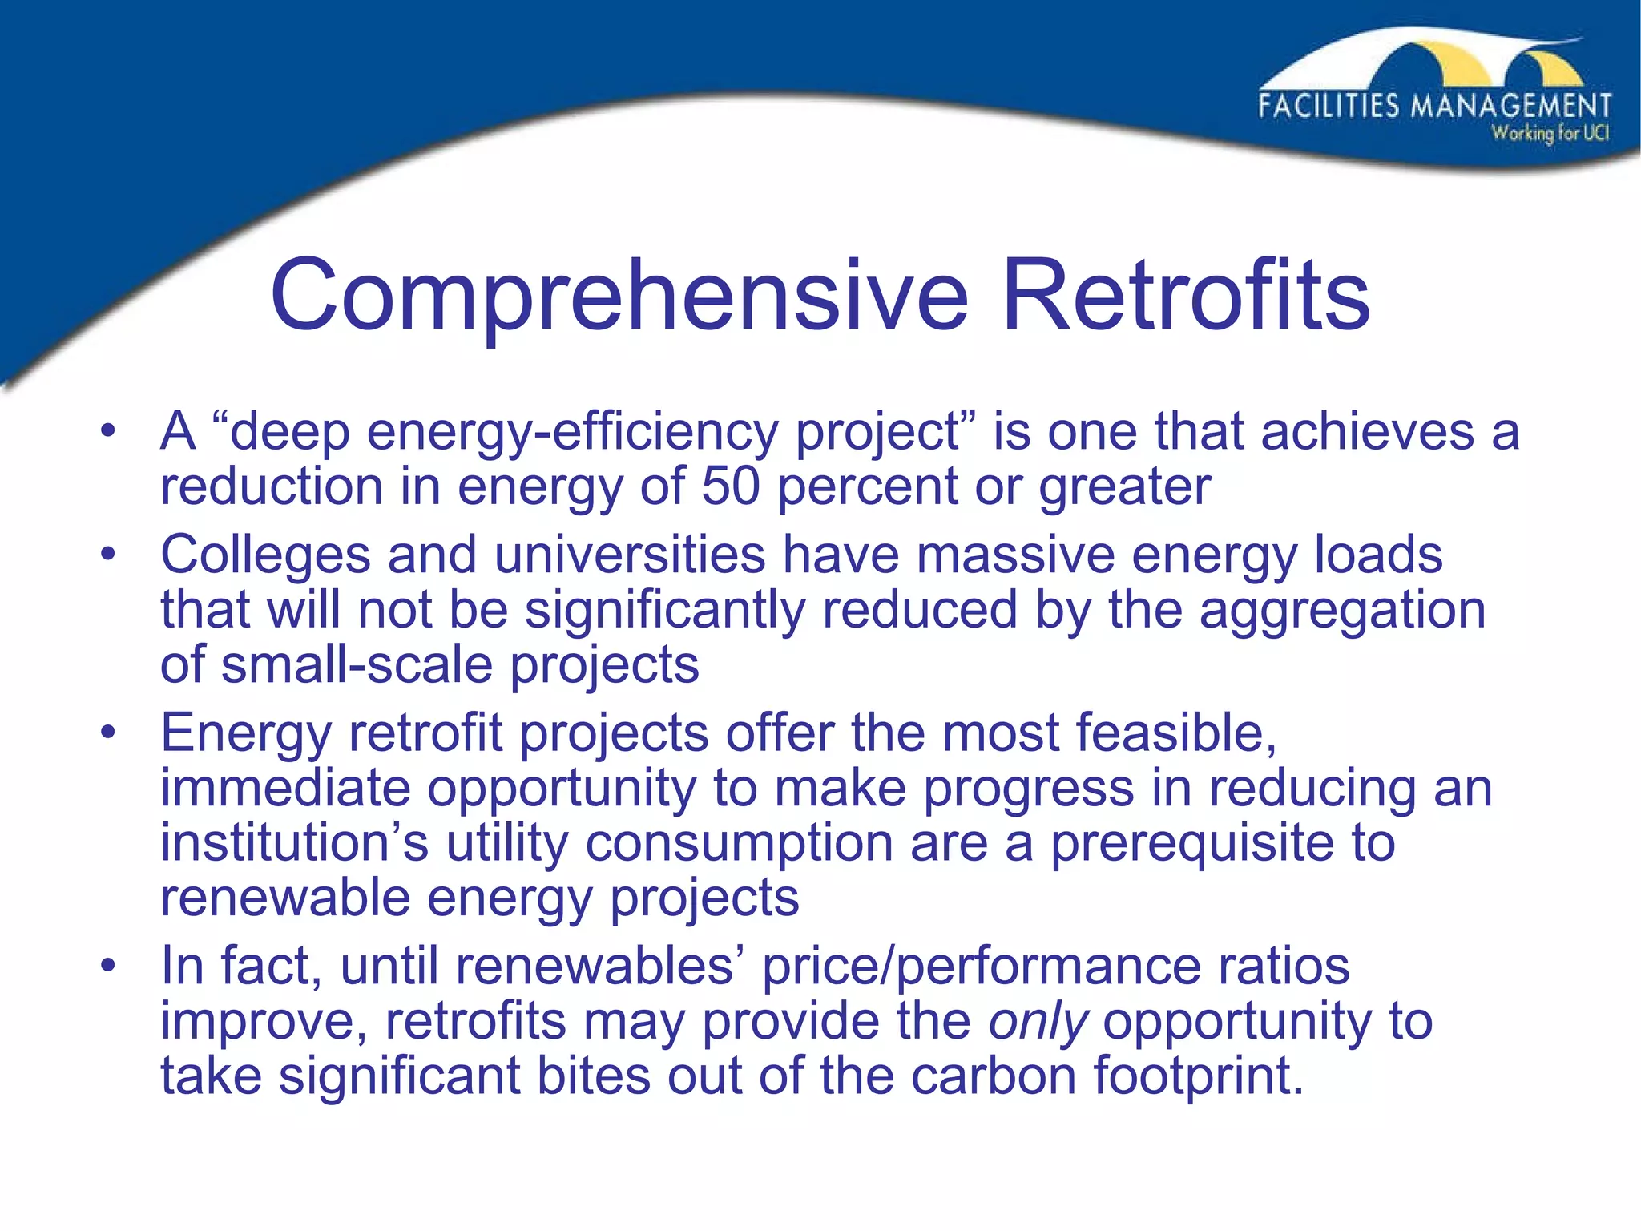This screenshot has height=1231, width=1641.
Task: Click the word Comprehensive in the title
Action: coord(619,295)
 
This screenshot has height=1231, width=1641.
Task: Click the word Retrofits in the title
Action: coord(1186,295)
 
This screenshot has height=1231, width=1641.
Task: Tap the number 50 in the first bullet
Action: coord(730,486)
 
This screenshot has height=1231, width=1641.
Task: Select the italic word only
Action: coord(1038,1022)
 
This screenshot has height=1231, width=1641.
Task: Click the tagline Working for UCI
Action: coord(1550,134)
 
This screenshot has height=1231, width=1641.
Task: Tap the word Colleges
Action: coord(265,555)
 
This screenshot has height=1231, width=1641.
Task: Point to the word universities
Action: coord(630,555)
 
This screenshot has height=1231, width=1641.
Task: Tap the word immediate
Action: coord(285,789)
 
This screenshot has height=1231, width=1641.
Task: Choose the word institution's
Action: coord(294,843)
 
